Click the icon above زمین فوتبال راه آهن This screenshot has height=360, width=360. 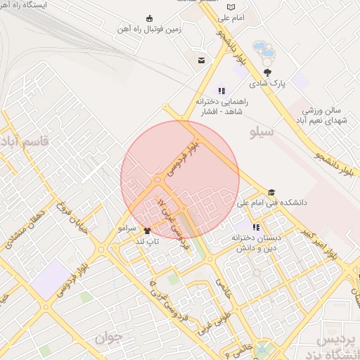pyautogui.click(x=149, y=18)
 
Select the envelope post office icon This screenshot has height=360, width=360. pyautogui.click(x=202, y=60)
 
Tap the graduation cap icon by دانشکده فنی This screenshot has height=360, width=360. pyautogui.click(x=271, y=193)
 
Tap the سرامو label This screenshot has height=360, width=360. pyautogui.click(x=127, y=230)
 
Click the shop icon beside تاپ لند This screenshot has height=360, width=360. pyautogui.click(x=147, y=231)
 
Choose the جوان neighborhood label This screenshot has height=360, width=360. pyautogui.click(x=109, y=338)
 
